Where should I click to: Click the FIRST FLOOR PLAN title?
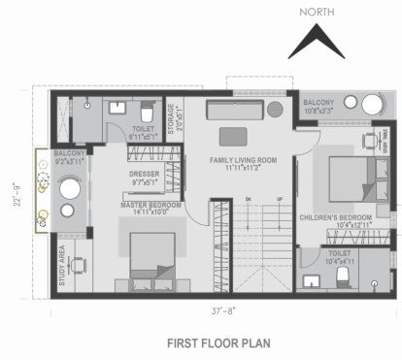[x=218, y=343]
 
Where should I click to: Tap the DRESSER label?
[x=144, y=175]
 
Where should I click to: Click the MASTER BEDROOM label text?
[x=149, y=206]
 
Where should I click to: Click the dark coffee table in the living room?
[x=233, y=135]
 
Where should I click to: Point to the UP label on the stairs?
[x=279, y=200]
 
